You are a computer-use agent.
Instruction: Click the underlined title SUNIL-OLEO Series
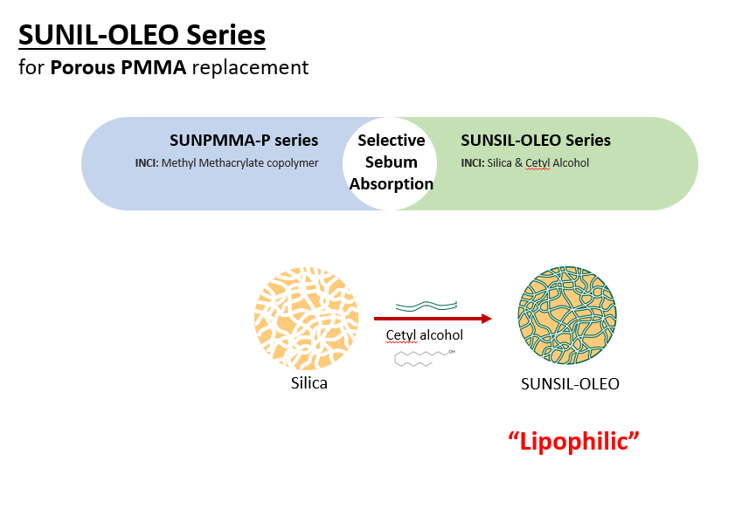[142, 35]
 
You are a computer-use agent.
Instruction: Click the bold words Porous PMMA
[118, 67]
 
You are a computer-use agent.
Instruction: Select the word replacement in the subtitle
[250, 68]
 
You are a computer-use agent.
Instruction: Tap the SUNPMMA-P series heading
[244, 140]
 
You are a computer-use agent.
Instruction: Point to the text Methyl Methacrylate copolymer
[240, 163]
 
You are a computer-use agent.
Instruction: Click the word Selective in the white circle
[392, 140]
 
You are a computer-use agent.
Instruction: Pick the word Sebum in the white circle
[392, 162]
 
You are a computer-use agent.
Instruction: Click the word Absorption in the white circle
[392, 184]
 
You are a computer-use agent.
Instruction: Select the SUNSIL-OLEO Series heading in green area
[536, 140]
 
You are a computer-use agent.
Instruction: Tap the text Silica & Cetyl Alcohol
[538, 163]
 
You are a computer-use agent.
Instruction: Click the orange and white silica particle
[307, 319]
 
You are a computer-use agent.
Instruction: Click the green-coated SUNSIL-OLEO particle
[567, 315]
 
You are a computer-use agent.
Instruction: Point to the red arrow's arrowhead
[487, 319]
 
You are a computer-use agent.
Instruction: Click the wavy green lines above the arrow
[426, 306]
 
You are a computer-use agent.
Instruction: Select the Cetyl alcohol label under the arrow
[424, 335]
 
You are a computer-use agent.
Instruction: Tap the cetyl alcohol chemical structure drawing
[425, 358]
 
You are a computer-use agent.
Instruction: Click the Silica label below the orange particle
[309, 383]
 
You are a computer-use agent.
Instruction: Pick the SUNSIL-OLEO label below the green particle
[570, 384]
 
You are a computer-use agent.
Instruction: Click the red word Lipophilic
[573, 441]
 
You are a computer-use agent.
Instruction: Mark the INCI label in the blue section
[147, 163]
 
